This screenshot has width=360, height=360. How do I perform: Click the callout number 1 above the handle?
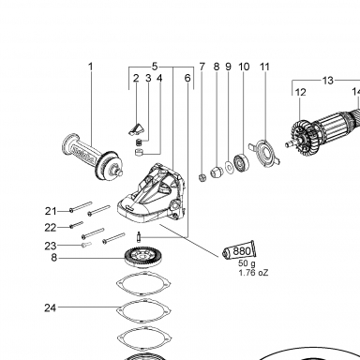(x=91, y=67)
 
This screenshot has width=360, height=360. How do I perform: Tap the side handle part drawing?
(x=93, y=157)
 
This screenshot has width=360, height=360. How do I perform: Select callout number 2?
(x=136, y=78)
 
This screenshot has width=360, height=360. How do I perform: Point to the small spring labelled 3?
(x=138, y=142)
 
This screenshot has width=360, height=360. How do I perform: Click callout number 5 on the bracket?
(x=155, y=67)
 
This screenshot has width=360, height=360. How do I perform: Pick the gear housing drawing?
(x=152, y=194)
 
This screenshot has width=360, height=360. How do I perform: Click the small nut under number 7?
(x=202, y=178)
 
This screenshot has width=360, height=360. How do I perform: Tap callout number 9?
(x=228, y=67)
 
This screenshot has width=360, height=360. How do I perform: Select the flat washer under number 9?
(x=230, y=168)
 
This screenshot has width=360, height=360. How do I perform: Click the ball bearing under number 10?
(x=242, y=162)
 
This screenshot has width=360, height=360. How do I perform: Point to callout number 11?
(x=264, y=67)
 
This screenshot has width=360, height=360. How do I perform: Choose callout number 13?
(x=328, y=81)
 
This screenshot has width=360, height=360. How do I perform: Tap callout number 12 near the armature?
(x=300, y=92)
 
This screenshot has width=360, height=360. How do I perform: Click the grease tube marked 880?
(x=239, y=250)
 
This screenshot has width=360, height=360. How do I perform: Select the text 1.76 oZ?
(x=253, y=273)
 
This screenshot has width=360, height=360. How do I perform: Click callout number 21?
(x=51, y=211)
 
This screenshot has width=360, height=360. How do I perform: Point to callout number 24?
(x=50, y=308)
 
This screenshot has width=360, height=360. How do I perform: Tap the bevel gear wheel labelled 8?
(x=144, y=256)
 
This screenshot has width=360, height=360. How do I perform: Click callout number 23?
(x=51, y=246)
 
